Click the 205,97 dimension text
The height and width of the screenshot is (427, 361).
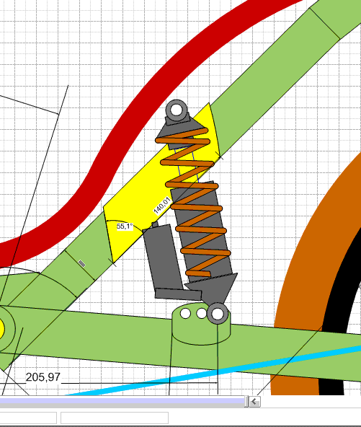click(43, 377)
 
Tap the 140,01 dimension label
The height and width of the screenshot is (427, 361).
click(162, 206)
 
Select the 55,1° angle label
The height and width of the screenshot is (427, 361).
click(125, 226)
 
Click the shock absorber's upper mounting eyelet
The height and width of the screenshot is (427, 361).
click(177, 110)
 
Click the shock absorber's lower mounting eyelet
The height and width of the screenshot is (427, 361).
click(218, 314)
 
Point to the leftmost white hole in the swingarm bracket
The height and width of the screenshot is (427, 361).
click(185, 313)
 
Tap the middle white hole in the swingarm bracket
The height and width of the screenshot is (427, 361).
click(201, 313)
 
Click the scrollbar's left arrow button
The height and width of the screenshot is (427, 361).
click(254, 402)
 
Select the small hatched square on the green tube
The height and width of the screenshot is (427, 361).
click(81, 263)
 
